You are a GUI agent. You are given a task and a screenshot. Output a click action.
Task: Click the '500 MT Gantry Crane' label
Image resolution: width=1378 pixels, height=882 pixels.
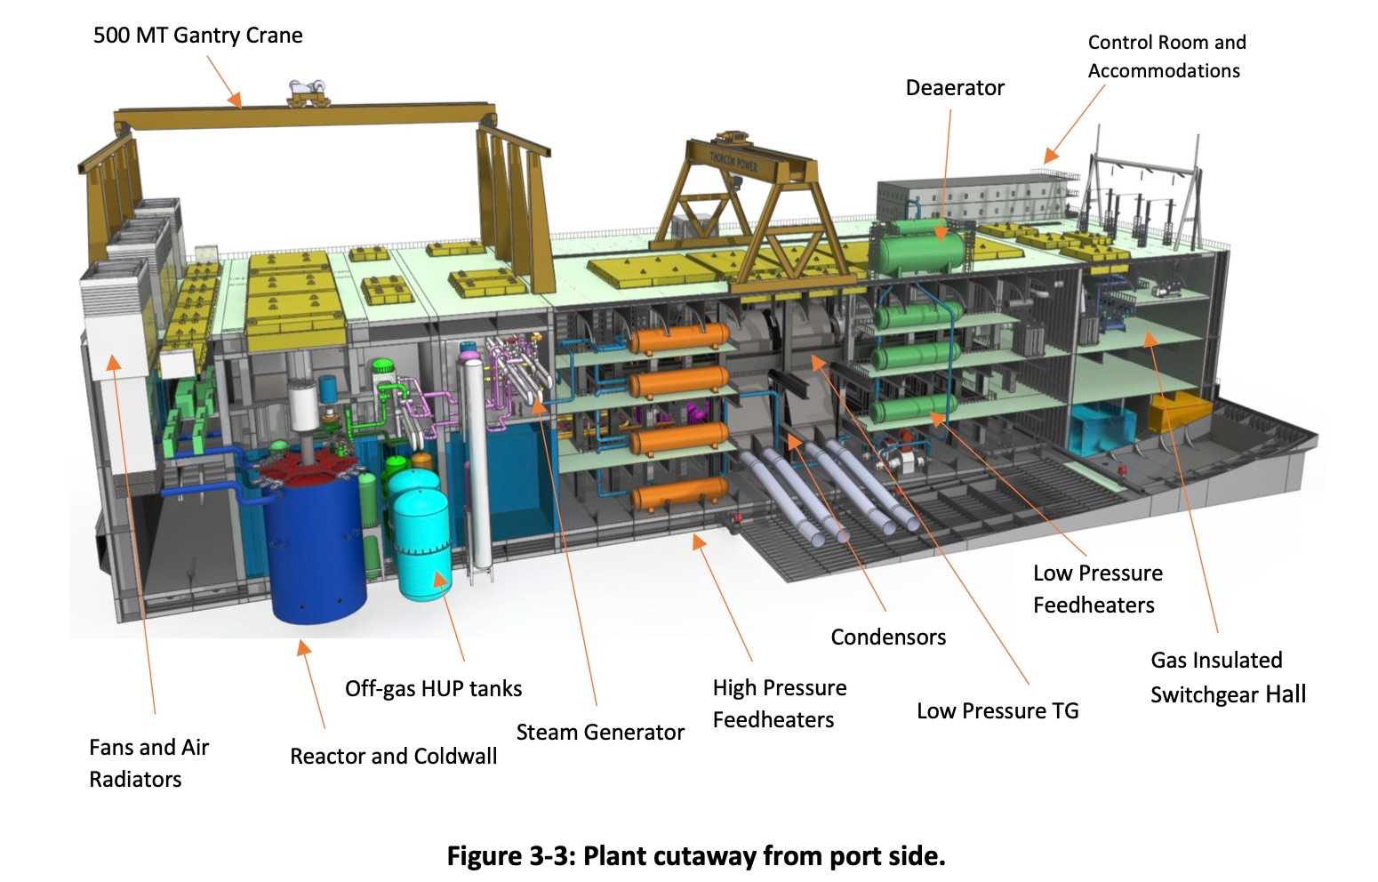click(197, 36)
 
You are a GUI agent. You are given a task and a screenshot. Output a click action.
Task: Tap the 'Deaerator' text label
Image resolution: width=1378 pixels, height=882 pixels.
click(954, 88)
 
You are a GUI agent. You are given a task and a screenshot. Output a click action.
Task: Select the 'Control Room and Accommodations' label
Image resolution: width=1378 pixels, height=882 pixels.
click(1166, 56)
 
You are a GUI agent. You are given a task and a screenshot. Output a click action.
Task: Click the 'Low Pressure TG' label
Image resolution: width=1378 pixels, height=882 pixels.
click(997, 711)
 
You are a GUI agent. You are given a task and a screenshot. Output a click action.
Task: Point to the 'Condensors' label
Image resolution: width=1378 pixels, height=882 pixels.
click(887, 637)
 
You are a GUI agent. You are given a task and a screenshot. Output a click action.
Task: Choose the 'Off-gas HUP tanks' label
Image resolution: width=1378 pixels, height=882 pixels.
click(433, 689)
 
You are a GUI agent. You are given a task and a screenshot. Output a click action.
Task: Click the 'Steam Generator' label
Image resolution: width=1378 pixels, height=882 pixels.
click(600, 733)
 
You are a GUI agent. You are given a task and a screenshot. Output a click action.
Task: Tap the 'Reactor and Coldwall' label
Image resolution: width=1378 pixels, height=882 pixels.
click(393, 757)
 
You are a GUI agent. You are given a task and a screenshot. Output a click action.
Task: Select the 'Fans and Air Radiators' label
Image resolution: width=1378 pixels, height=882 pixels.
click(148, 763)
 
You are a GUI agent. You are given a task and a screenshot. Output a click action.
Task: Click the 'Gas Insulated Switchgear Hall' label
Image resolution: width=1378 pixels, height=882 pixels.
click(1227, 678)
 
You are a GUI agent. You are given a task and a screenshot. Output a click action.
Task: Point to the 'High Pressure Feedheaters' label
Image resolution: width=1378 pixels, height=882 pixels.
click(779, 703)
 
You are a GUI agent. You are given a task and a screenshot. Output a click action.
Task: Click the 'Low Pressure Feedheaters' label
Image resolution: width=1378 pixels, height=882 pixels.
click(1097, 589)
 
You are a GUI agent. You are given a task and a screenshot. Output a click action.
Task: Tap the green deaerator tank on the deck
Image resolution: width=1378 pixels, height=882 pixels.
click(920, 245)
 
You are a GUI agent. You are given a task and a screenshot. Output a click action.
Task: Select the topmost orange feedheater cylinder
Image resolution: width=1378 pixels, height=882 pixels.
click(678, 338)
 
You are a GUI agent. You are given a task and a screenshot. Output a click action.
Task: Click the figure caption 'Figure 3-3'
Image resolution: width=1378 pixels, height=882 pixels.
click(695, 856)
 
